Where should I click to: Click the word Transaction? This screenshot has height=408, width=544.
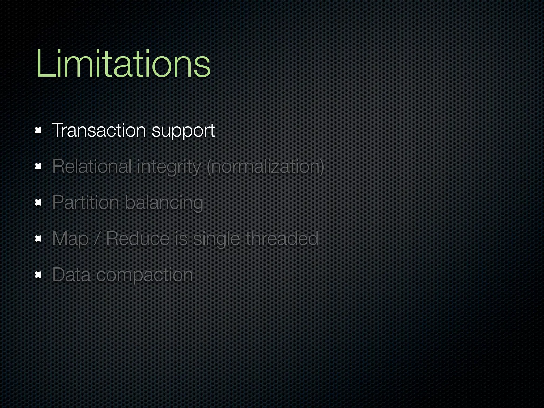99,130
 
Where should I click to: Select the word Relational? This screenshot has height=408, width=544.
92,166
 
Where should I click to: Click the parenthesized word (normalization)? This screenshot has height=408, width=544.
265,167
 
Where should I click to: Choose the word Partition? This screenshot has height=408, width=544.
86,202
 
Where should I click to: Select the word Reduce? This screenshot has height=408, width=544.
138,239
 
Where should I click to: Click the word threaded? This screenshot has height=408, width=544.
282,239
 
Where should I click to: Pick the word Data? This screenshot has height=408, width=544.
71,275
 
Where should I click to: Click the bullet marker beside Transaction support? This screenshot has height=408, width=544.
39,130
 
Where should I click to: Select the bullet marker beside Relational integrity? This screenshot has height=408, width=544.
39,167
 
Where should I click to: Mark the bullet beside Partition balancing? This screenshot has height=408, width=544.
39,203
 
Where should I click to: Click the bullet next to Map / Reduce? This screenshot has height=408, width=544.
39,239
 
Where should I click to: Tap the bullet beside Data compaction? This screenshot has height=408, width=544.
39,275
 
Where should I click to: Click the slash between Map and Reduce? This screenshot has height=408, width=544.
97,239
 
